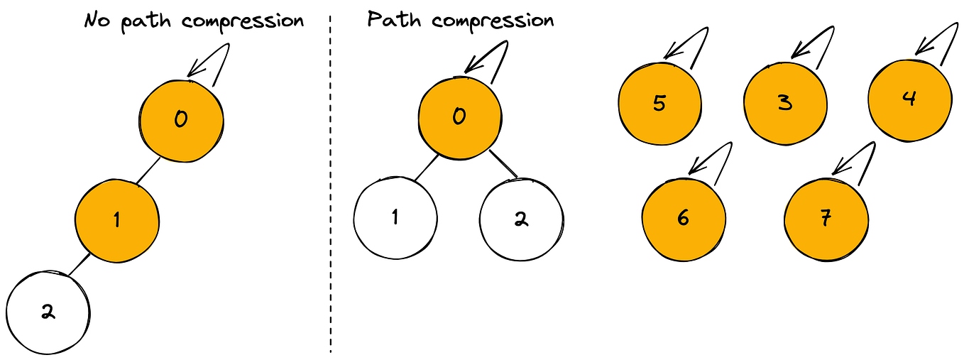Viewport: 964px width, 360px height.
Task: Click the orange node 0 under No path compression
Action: (x=181, y=119)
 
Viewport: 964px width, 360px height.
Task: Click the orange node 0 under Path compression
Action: (x=459, y=116)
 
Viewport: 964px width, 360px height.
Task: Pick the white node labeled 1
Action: (x=395, y=217)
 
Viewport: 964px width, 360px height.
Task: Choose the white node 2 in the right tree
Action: (x=522, y=219)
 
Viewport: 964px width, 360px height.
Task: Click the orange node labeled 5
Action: (x=659, y=104)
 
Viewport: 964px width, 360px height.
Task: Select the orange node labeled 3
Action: (x=785, y=103)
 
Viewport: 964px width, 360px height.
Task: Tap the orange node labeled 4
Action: (x=909, y=99)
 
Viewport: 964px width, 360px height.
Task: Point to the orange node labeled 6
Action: (x=684, y=218)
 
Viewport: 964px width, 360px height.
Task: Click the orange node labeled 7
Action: (x=826, y=219)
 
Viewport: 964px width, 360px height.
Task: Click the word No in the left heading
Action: (x=97, y=20)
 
